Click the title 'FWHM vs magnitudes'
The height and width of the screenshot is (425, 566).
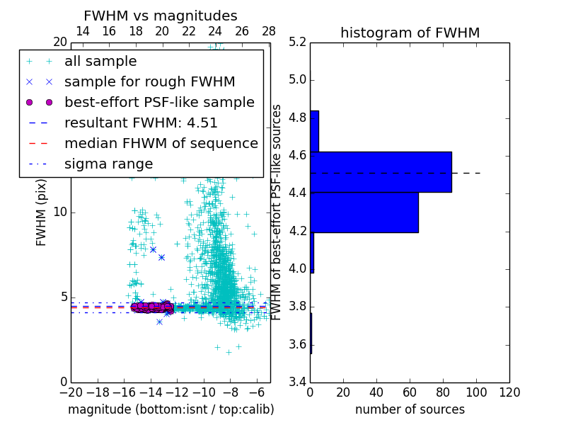point(161,16)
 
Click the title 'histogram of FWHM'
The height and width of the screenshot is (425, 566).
point(410,33)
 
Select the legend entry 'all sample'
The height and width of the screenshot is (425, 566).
point(100,62)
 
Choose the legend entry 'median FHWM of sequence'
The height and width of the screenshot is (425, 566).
point(161,144)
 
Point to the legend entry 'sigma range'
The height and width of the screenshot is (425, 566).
point(108,164)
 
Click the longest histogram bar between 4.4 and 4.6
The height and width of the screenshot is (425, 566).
point(381,172)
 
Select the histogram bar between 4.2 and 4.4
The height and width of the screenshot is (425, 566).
point(364,212)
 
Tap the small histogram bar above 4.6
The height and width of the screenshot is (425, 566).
point(314,131)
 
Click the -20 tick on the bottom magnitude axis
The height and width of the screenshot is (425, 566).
point(71,392)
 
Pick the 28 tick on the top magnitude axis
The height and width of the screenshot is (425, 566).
point(269,31)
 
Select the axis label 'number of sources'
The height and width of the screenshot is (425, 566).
point(410,409)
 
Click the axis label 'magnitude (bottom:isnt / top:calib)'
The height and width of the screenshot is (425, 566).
point(171,409)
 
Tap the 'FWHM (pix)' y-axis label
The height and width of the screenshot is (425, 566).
point(42,212)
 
